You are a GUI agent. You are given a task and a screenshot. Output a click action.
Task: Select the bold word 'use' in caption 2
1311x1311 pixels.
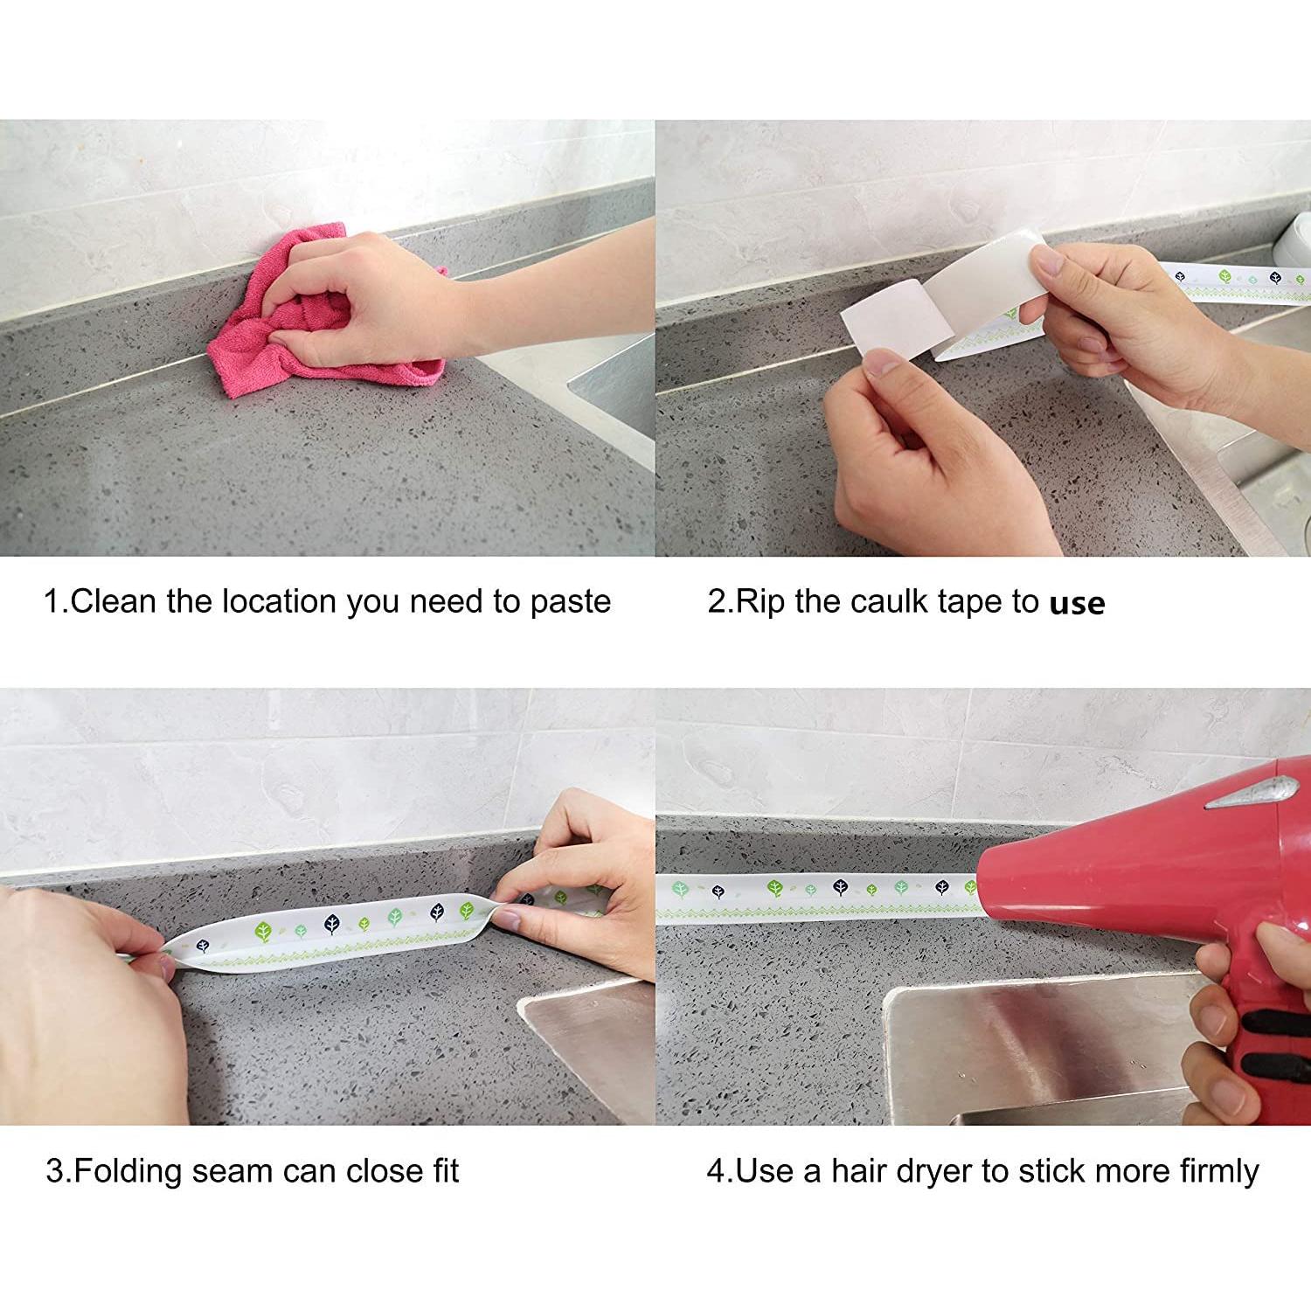tap(1077, 603)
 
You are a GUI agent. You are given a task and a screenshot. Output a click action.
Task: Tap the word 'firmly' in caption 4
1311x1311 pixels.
tap(1218, 1171)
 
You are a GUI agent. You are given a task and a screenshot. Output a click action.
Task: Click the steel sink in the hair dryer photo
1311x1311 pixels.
tap(1031, 1049)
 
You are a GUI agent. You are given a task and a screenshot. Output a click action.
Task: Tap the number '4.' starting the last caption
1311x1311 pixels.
tap(719, 1171)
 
